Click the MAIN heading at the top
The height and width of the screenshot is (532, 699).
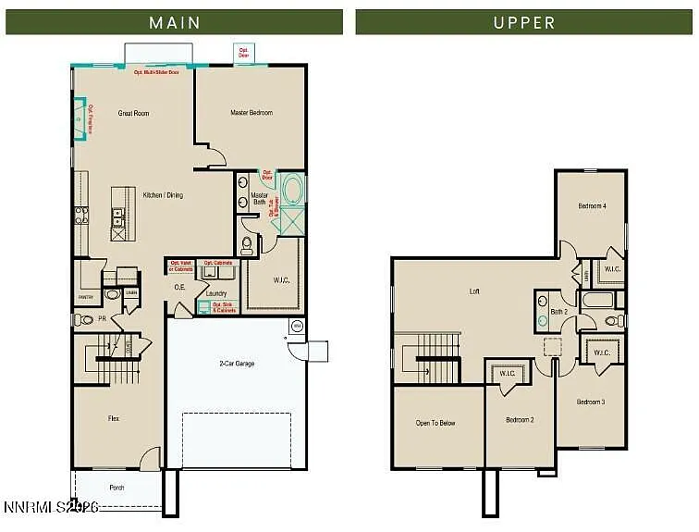[175, 22]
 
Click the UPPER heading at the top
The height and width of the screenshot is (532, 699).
[524, 22]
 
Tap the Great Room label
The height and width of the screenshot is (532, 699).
[133, 114]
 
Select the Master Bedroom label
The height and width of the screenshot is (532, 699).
[251, 113]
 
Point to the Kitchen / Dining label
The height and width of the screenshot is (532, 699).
[163, 195]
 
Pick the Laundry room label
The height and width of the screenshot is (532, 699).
[216, 293]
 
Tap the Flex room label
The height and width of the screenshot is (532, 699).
[113, 419]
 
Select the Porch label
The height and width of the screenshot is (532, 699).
[116, 488]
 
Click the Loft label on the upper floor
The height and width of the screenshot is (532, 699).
[474, 291]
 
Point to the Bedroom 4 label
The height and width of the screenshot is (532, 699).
[592, 205]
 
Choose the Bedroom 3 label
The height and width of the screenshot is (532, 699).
[591, 402]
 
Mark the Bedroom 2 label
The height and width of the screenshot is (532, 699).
[519, 420]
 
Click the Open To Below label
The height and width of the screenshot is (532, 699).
[435, 423]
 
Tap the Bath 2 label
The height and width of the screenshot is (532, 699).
[558, 312]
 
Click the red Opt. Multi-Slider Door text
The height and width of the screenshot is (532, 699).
[155, 71]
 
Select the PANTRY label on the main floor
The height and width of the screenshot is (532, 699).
[85, 297]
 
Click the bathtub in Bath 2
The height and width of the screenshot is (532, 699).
[596, 300]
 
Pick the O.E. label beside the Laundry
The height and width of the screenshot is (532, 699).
[180, 288]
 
